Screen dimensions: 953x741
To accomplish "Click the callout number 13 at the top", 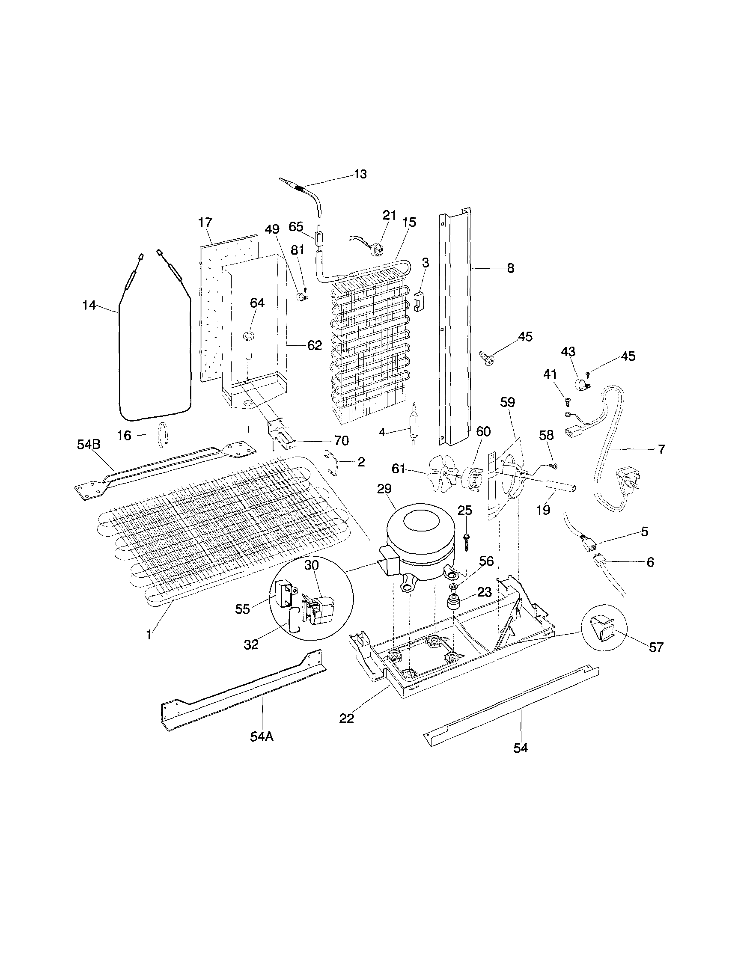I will click(x=360, y=174).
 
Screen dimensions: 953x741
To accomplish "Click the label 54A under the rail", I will click(x=262, y=736).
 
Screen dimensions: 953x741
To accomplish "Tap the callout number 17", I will click(x=205, y=223).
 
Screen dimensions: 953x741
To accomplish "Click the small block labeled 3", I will click(x=420, y=302).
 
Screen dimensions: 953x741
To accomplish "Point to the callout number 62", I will click(x=314, y=345).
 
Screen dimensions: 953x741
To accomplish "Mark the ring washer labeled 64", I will click(x=250, y=335).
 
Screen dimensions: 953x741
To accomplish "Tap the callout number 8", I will click(x=510, y=267).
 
